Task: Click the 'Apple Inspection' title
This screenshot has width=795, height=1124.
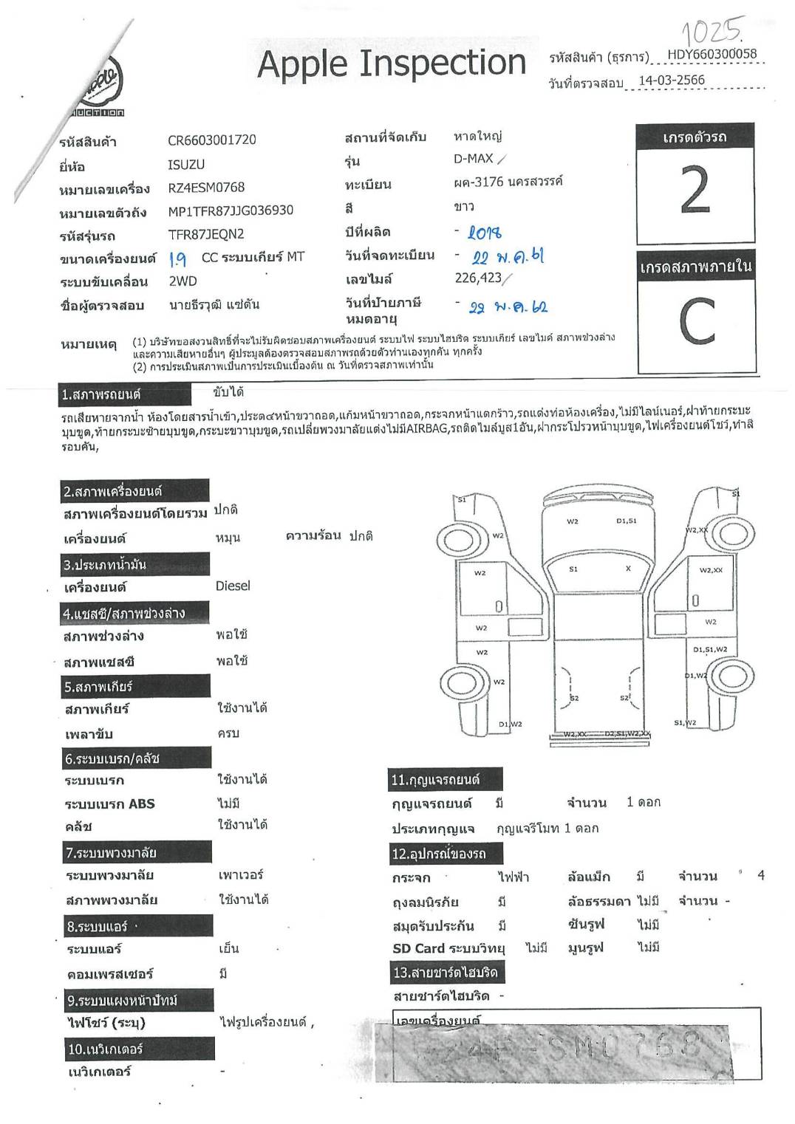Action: click(392, 64)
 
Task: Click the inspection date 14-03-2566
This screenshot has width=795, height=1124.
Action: click(671, 80)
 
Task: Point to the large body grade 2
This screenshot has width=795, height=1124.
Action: click(695, 191)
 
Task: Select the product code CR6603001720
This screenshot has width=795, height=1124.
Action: click(212, 140)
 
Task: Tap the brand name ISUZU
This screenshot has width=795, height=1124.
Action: click(186, 164)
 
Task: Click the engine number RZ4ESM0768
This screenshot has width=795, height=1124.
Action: click(206, 188)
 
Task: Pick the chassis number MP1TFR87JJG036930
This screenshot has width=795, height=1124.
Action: click(231, 210)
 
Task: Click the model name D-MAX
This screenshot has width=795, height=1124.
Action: click(474, 159)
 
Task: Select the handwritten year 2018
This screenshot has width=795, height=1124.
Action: click(485, 233)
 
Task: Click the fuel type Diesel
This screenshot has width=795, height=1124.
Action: click(233, 586)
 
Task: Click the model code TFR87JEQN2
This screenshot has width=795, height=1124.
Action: click(206, 234)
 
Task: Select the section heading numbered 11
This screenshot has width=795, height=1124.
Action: click(435, 779)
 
